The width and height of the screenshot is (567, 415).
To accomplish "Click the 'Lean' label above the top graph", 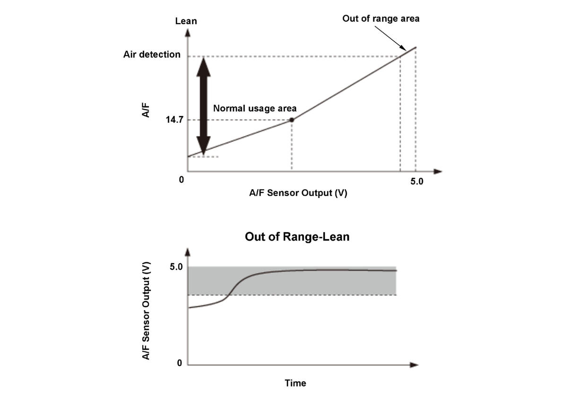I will click(186, 21).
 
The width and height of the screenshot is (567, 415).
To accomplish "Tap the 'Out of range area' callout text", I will click(381, 19).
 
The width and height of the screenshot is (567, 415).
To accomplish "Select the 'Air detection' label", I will click(152, 54).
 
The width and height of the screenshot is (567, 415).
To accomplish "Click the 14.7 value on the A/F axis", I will click(174, 120).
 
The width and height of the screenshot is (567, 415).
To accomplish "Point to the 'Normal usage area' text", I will click(255, 108).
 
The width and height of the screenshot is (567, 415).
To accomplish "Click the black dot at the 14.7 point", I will click(292, 120).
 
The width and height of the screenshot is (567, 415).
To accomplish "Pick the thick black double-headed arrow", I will click(204, 106).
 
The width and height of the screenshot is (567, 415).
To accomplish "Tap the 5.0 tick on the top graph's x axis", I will click(417, 182).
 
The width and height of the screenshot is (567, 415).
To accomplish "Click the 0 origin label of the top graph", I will click(181, 180).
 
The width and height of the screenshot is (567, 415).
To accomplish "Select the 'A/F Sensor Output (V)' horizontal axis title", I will click(298, 193).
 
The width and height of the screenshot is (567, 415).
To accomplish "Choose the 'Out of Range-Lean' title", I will click(297, 237).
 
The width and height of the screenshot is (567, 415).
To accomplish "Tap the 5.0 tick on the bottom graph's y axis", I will click(176, 267).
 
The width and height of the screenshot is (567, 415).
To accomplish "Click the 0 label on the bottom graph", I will click(179, 363).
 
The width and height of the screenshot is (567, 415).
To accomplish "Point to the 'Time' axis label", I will click(295, 383).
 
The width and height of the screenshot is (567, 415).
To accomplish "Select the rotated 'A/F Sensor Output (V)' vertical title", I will click(147, 310).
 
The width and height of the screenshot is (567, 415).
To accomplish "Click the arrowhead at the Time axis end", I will click(414, 365).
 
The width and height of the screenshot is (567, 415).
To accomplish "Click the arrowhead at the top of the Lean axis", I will click(188, 33).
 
